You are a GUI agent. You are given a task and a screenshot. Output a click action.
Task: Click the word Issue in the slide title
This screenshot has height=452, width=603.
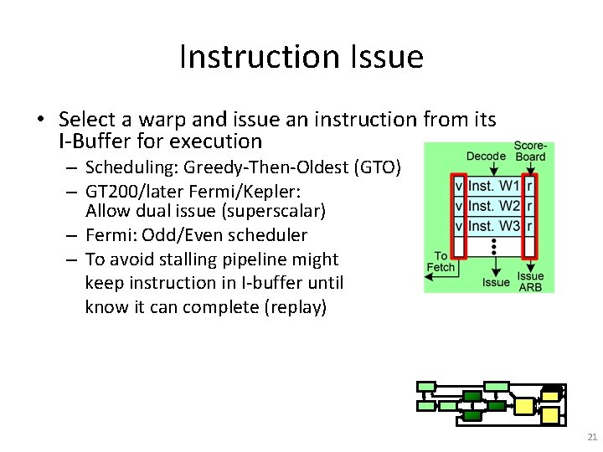pos(389,57)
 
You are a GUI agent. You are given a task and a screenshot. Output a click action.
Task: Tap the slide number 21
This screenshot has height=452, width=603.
pos(592,437)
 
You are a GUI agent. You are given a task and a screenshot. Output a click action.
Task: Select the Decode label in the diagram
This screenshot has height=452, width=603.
pos(486,156)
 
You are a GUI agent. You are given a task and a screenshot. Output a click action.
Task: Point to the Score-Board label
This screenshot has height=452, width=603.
pos(529,151)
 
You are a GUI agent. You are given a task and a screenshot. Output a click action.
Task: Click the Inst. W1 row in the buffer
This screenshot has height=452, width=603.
pos(494,186)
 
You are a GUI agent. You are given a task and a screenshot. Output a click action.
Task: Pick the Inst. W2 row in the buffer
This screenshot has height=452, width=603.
pos(494,206)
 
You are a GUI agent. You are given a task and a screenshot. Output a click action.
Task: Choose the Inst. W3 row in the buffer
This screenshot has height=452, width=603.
pos(494,226)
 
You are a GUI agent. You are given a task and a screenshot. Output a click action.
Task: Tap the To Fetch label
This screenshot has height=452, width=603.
pos(441,262)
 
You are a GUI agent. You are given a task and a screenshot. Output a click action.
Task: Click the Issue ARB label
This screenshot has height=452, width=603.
pos(530,281)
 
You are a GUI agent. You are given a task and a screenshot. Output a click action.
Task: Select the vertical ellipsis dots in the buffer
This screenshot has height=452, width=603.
pos(495,246)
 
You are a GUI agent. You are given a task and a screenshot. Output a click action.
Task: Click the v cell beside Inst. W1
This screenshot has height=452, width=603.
pos(458,186)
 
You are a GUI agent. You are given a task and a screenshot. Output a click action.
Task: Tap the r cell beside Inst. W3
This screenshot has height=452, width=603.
pos(529,226)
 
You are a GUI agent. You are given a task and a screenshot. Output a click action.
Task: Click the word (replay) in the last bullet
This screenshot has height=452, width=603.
pos(295,307)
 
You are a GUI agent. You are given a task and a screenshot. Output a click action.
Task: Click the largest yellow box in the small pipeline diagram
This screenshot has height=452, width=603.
pos(523,406)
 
